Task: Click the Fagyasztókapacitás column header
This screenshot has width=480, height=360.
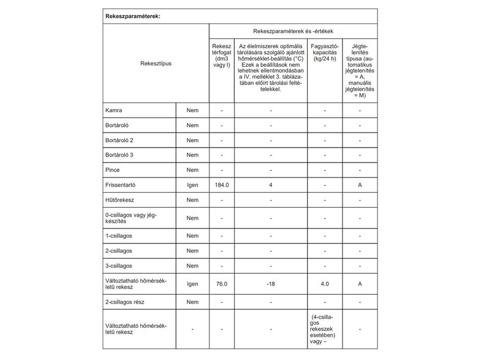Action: click(x=325, y=53)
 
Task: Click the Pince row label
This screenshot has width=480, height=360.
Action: click(x=113, y=170)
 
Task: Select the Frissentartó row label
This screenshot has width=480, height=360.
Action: click(x=123, y=185)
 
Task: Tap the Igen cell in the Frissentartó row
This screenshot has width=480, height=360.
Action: click(x=192, y=185)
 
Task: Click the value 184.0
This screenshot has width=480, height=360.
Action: click(x=221, y=185)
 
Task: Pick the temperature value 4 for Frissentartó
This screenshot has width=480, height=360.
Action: click(x=271, y=185)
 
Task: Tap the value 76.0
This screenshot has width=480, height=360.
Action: click(x=221, y=284)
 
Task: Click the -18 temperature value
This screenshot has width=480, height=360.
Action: click(x=271, y=284)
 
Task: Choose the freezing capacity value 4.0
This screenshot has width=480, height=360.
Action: click(x=325, y=284)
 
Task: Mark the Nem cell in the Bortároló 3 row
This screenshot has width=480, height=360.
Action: click(x=192, y=155)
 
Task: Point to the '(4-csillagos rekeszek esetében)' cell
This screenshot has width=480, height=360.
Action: click(x=325, y=329)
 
